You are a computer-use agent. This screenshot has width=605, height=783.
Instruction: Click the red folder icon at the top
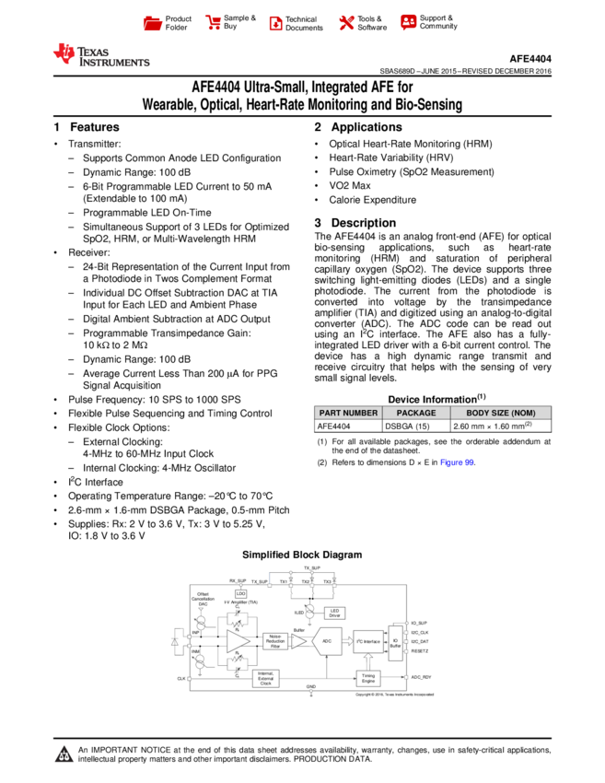coord(153,24)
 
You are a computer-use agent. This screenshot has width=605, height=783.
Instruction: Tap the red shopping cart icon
coord(214,23)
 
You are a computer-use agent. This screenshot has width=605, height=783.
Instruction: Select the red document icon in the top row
coord(275,24)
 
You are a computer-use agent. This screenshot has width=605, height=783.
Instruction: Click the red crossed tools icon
coord(346,23)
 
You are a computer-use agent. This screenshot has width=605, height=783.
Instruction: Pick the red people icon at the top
coord(409,22)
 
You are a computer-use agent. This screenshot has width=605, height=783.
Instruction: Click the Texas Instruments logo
coord(100,55)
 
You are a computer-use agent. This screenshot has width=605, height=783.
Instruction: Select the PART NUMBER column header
coord(348,414)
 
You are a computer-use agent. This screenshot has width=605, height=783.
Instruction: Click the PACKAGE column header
coord(416,414)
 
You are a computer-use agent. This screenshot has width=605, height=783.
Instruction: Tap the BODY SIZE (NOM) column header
coord(500,414)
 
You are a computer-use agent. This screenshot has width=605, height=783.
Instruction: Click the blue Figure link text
coord(457,463)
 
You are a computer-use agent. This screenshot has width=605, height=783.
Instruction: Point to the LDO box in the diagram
coord(241,594)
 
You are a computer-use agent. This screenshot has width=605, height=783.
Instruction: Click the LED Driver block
coord(334,613)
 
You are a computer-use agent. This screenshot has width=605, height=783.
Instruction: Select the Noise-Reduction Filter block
coord(275,641)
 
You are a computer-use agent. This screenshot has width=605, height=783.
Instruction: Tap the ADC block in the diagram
coord(327,641)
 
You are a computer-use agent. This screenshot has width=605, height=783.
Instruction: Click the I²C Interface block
coord(368,641)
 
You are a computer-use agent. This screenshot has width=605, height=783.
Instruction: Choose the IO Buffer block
coord(395,643)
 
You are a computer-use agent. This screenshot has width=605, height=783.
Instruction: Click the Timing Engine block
coord(368,679)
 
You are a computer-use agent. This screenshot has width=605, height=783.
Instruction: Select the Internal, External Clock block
coord(265,679)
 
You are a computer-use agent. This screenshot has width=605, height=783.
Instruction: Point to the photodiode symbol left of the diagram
coord(175,641)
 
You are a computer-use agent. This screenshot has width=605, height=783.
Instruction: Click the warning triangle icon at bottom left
coord(64,754)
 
